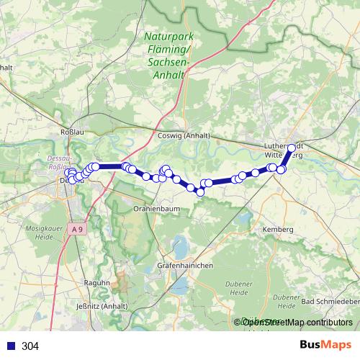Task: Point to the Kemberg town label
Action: pyautogui.click(x=278, y=228)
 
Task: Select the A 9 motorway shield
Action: pyautogui.click(x=78, y=228)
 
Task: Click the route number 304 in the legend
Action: pyautogui.click(x=30, y=346)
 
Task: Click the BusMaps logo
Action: pyautogui.click(x=325, y=345)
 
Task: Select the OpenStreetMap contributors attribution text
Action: pyautogui.click(x=293, y=323)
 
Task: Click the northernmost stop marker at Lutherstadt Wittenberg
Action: pyautogui.click(x=292, y=149)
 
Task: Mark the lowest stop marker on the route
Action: pyautogui.click(x=200, y=192)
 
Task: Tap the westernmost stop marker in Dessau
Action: pyautogui.click(x=68, y=173)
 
